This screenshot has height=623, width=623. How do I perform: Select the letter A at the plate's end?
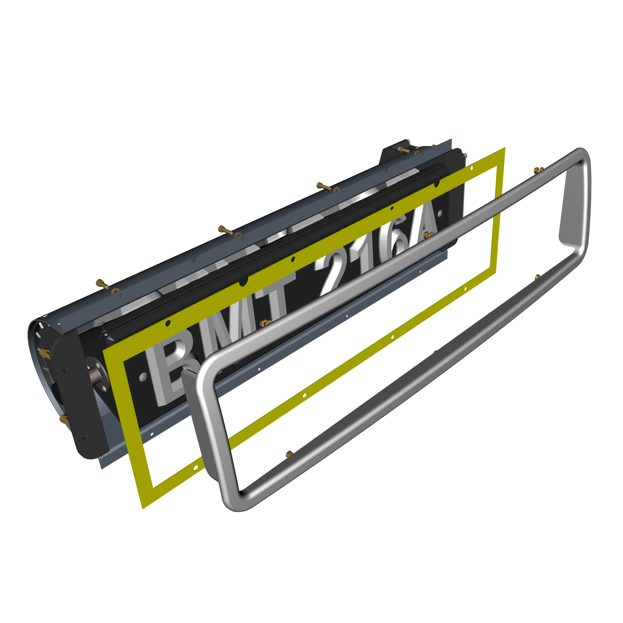[422, 222]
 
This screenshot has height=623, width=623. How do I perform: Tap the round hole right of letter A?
[440, 213]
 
